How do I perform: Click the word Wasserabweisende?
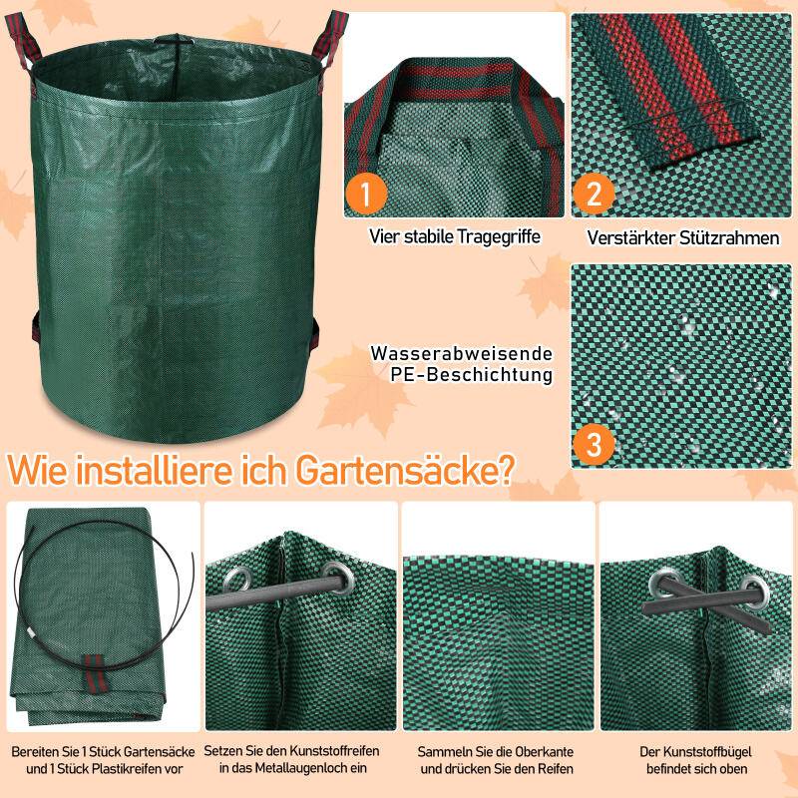pos(461,354)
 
